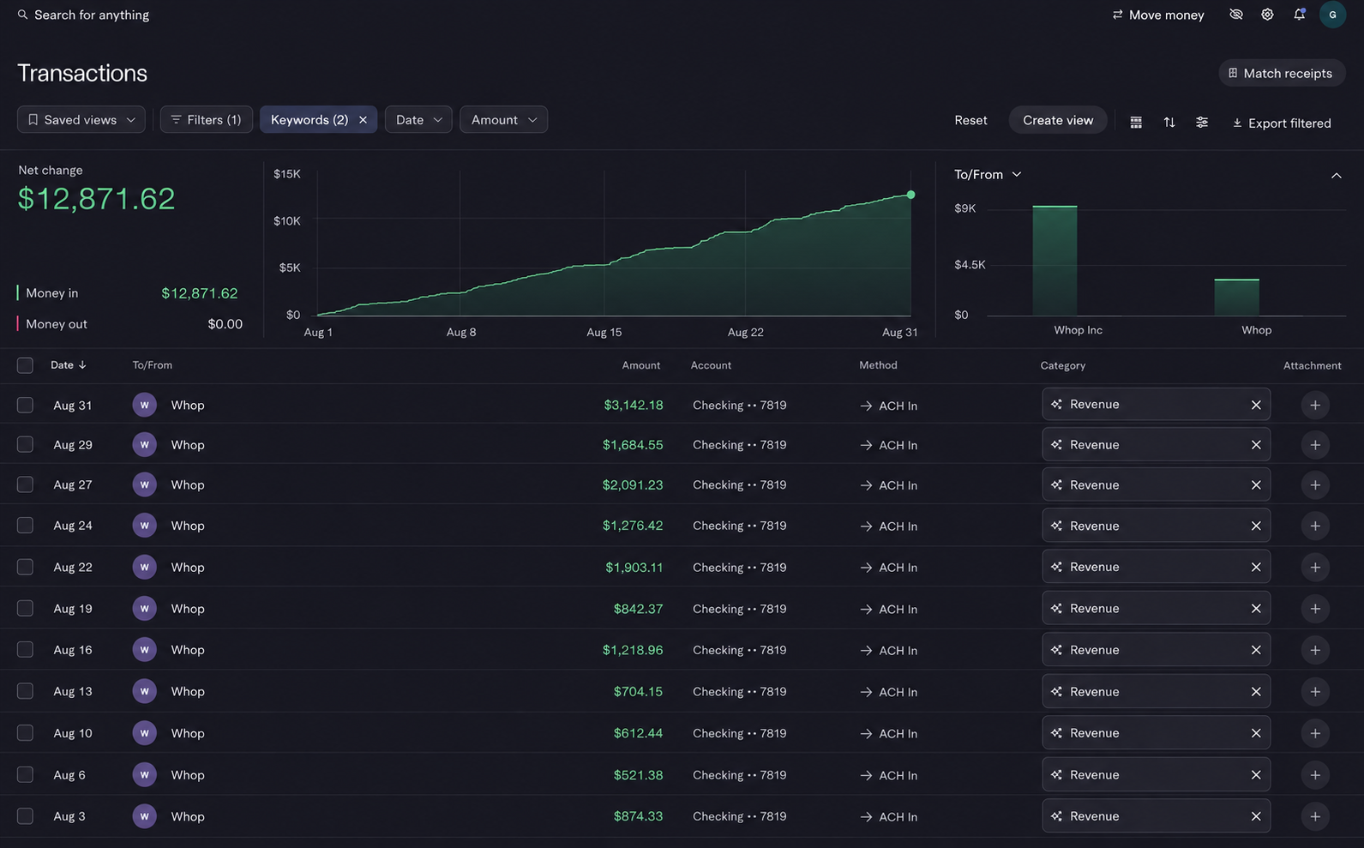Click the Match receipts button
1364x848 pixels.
1282,73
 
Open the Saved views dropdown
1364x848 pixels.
81,119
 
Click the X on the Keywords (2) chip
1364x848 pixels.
363,119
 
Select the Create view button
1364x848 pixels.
1058,120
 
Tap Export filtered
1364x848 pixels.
1282,123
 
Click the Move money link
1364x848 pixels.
1158,15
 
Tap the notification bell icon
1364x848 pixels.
1299,14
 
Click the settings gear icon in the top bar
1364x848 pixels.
1267,14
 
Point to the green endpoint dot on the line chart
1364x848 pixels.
910,195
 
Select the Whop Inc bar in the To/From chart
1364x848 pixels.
1055,261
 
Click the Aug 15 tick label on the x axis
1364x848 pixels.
604,332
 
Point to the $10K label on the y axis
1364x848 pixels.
287,220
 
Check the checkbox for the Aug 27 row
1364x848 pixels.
25,484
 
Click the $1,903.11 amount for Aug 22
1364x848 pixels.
634,567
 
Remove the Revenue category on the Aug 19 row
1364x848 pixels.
1256,609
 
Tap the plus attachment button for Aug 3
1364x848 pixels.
1314,816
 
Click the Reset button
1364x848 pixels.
970,120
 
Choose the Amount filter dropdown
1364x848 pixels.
503,119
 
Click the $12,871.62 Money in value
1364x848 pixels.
199,293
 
